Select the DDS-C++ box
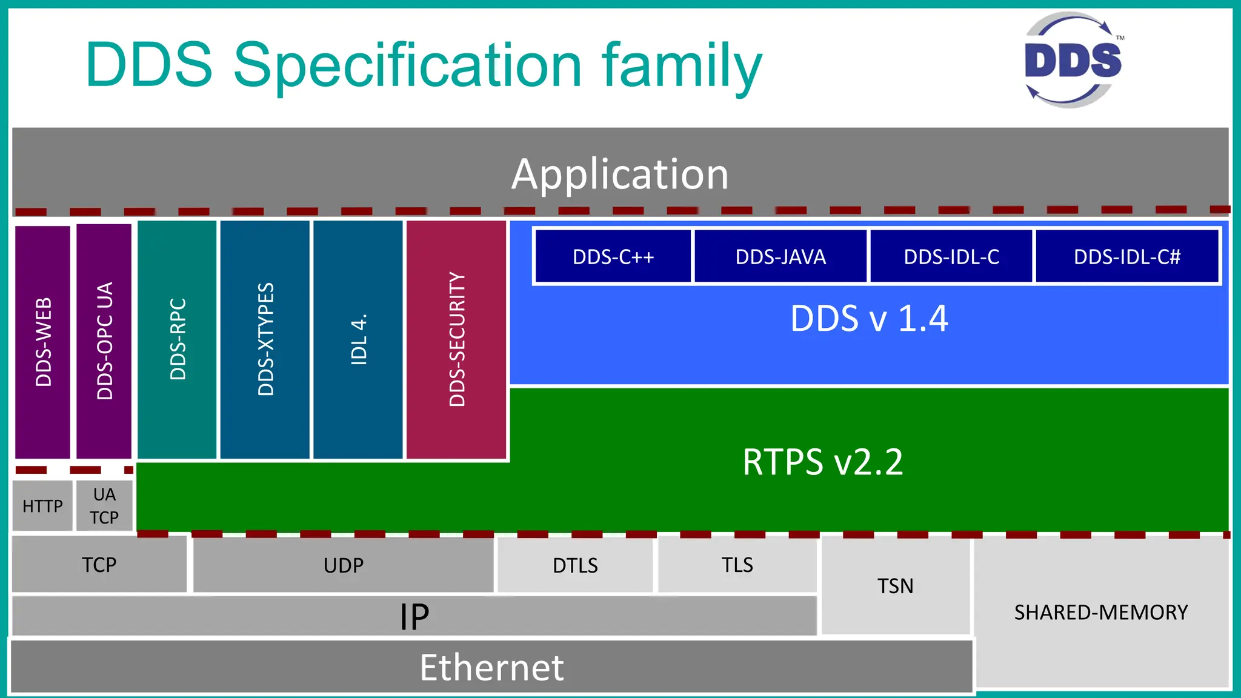pos(613,256)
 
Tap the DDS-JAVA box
pos(780,256)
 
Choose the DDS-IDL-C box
pos(951,256)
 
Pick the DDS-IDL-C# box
pos(1127,256)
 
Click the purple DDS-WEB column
pos(42,342)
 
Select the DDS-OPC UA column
pos(104,341)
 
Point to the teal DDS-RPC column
pos(177,339)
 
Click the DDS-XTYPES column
pos(265,339)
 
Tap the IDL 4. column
pos(358,339)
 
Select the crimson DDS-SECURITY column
pos(456,339)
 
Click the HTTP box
pos(42,506)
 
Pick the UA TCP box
pos(104,506)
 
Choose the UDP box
pos(344,565)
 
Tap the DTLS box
pos(575,565)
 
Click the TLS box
pos(737,565)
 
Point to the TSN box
pos(895,586)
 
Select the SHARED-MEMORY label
pos(1101,612)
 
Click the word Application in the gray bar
pos(620,174)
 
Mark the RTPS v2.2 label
pos(822,462)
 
